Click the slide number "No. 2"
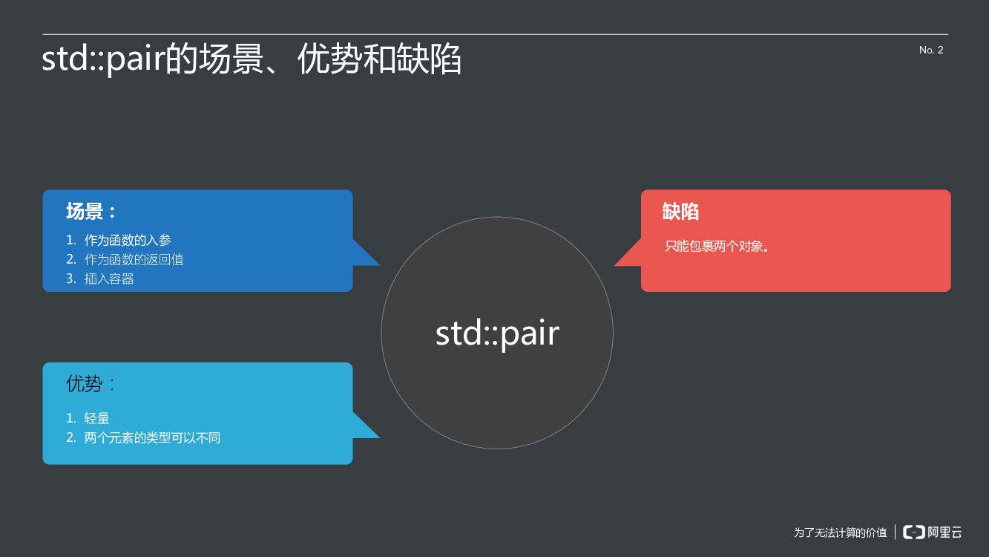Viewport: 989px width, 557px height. (931, 51)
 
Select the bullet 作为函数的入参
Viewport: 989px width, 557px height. (128, 240)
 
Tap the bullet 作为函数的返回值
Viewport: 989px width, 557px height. (134, 259)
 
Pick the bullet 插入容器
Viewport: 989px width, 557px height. (109, 278)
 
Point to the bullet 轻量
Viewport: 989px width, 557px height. (97, 418)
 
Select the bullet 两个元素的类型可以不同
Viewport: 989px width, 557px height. (152, 437)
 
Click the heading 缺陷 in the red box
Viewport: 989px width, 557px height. (680, 212)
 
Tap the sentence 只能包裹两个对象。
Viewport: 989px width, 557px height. (717, 246)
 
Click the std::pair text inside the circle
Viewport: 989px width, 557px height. (497, 333)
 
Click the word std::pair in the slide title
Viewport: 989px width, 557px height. (102, 59)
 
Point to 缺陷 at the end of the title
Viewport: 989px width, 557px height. (430, 59)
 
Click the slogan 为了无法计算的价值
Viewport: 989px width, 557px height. (840, 532)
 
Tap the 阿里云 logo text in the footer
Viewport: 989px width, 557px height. (945, 532)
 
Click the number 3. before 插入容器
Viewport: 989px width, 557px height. (70, 278)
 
